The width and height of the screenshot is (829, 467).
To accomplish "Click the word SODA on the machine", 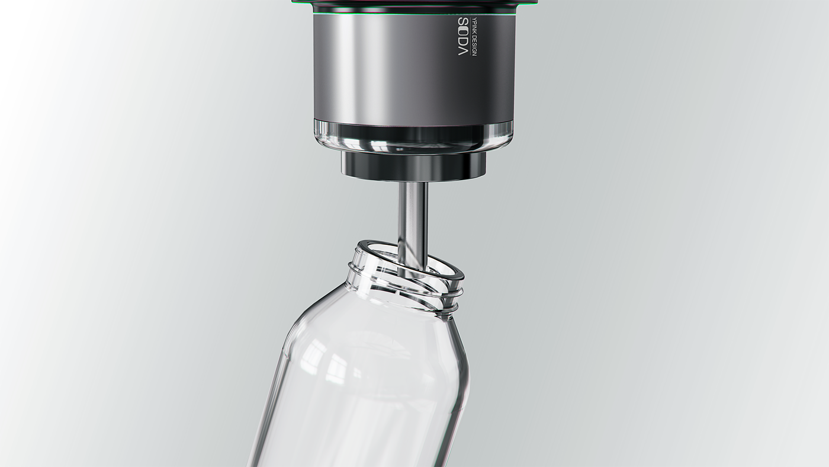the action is click(464, 36).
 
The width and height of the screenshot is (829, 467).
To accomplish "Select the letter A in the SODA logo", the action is click(464, 51).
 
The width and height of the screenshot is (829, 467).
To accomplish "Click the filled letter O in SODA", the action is click(464, 31).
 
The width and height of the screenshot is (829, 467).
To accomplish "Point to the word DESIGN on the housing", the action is click(474, 46).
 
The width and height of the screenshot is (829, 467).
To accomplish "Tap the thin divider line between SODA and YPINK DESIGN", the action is click(470, 36).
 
